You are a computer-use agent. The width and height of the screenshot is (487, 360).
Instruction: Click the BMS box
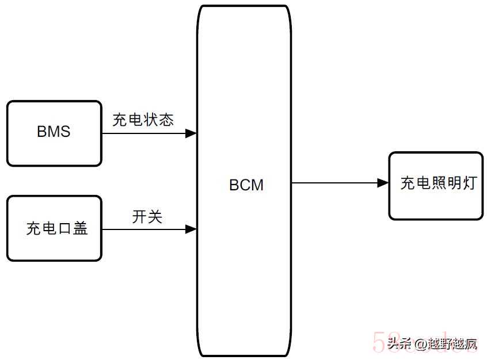coord(54,133)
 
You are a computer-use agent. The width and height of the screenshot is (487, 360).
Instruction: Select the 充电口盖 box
coord(54,228)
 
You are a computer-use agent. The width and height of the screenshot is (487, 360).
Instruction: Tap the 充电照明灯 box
coord(436,185)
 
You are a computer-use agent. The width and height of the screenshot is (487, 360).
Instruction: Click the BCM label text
coord(246,185)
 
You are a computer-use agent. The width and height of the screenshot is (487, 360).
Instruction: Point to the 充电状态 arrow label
coord(143,119)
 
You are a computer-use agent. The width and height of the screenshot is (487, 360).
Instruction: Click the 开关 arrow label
coord(147,217)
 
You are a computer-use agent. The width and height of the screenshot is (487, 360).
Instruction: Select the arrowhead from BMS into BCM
coord(191,133)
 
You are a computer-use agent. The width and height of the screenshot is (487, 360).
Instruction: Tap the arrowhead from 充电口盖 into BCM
coord(191,229)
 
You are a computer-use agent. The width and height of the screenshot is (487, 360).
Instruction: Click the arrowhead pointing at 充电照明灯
coord(383,183)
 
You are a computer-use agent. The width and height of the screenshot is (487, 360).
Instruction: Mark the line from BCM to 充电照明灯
coord(334,183)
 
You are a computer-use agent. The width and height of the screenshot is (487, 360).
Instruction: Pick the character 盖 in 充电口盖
coord(81,228)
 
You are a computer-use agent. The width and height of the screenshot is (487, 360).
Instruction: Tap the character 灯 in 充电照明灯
coord(470,183)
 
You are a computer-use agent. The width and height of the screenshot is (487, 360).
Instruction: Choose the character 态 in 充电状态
coord(166,119)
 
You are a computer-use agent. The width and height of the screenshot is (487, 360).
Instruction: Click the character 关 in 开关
coord(155,217)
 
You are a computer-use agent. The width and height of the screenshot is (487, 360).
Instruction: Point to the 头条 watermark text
coord(398,344)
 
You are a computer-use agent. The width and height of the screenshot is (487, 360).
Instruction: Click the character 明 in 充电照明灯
coord(454,183)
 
